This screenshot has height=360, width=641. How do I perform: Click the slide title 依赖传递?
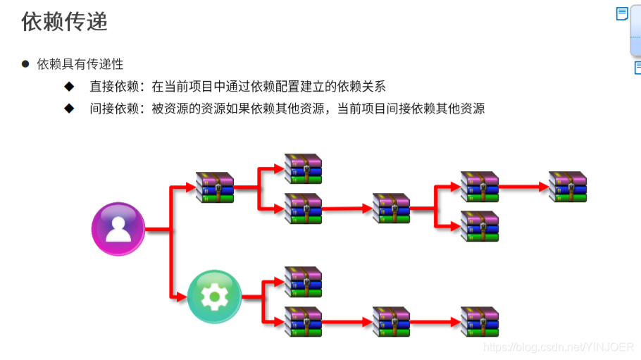[65, 22]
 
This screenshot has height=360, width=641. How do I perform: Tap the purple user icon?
[118, 229]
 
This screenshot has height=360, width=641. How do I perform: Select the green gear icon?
[214, 297]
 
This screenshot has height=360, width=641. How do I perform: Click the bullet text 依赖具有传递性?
[80, 64]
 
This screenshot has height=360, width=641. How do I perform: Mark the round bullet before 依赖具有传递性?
[25, 64]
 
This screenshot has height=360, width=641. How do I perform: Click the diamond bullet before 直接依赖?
[69, 87]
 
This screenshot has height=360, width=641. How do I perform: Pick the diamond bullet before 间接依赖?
[69, 108]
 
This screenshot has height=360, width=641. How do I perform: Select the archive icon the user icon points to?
[214, 187]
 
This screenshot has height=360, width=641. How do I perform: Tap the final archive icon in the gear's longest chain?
[480, 322]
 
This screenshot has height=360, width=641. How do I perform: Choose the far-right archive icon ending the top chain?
[568, 187]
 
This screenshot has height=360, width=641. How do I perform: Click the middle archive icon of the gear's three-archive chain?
[391, 322]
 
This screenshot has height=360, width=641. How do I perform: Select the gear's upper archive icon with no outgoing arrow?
[303, 282]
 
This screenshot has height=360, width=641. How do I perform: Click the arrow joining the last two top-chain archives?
[523, 187]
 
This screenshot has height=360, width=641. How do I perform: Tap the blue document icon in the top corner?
[622, 14]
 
